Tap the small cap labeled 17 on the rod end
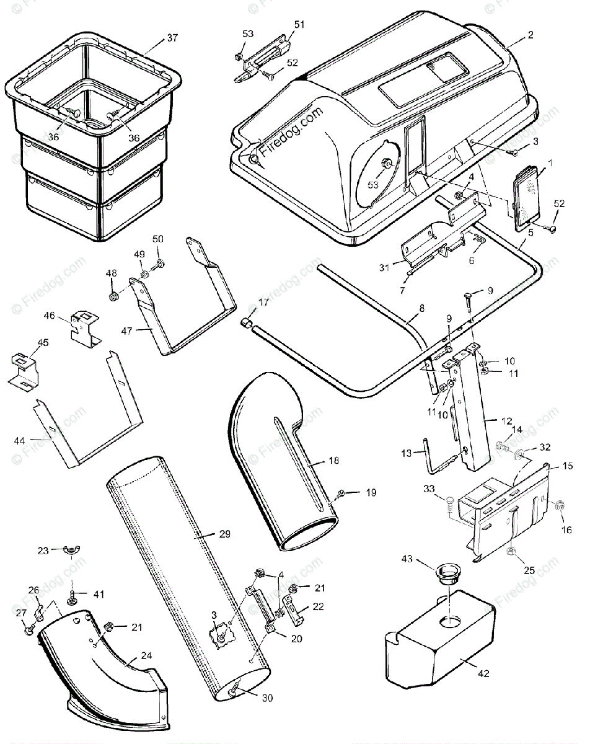(247, 322)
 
